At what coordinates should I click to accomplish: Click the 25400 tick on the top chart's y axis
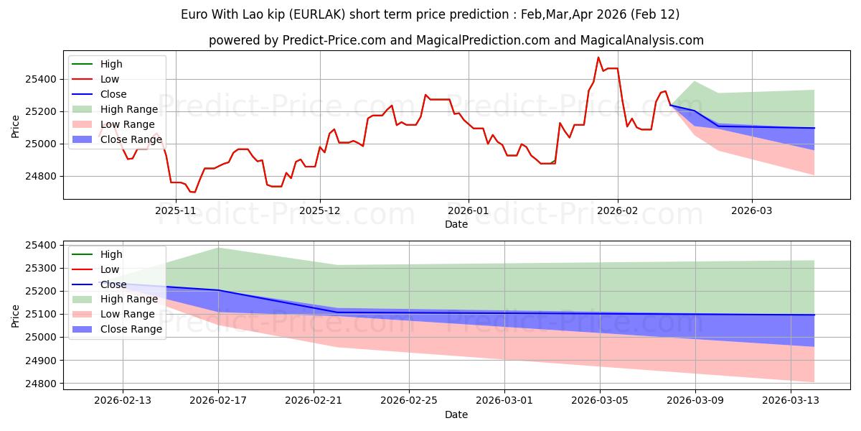pos(42,79)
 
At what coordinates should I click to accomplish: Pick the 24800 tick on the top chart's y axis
pos(42,176)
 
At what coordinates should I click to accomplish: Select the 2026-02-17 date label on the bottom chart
pos(218,400)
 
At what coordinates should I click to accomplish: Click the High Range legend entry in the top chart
pos(129,109)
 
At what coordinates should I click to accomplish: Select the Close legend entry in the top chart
pos(113,94)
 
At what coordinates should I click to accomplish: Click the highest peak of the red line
pos(598,57)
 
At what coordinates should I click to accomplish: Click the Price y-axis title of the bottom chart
pos(16,315)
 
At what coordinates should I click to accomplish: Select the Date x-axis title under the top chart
pos(456,224)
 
